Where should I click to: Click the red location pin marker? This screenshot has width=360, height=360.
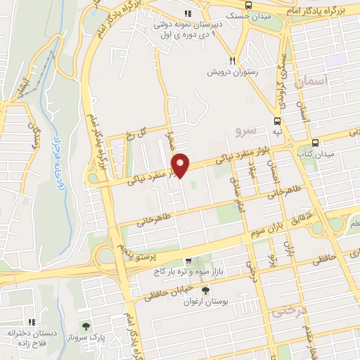pos(181,165)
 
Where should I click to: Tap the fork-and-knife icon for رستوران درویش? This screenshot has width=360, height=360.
pos(231,60)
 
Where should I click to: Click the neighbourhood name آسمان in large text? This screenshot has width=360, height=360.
pos(311,83)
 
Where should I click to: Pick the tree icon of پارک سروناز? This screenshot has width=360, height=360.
pos(86,326)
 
